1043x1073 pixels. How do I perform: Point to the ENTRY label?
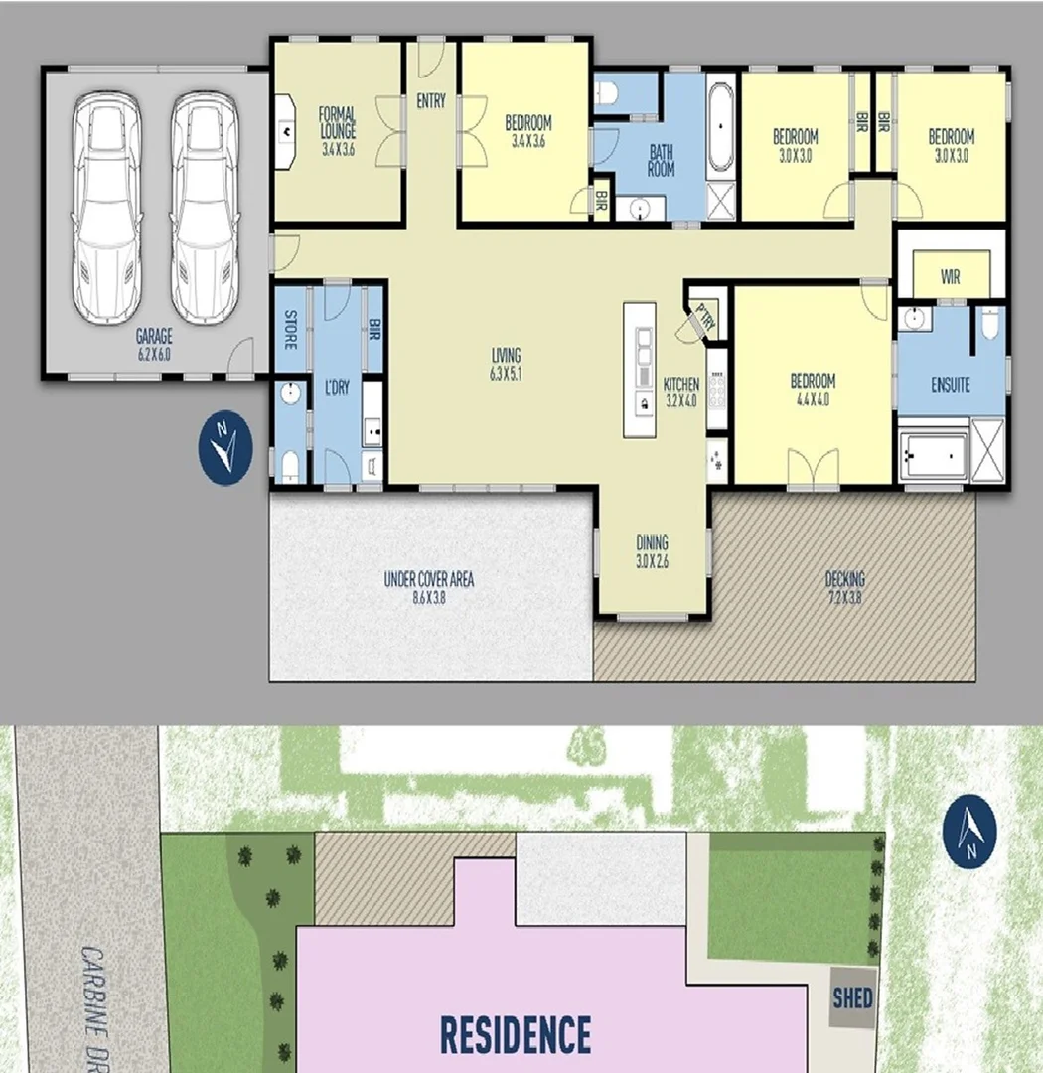(431, 101)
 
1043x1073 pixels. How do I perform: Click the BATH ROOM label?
(662, 160)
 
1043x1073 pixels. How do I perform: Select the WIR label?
(951, 277)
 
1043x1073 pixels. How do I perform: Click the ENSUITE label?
(951, 384)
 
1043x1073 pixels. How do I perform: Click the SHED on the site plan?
(853, 996)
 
